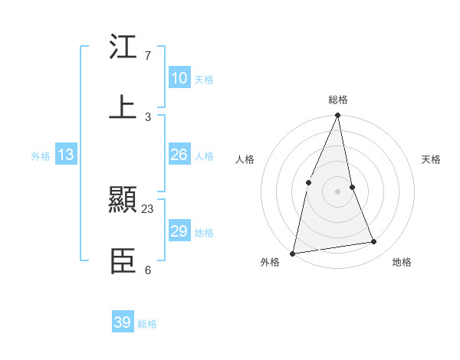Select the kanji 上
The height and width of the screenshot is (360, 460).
click(x=123, y=106)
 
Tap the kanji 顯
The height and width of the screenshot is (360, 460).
click(x=123, y=201)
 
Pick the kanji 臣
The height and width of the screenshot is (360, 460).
click(x=123, y=262)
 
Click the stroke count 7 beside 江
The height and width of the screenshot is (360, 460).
click(x=148, y=56)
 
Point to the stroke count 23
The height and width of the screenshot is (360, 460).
click(x=148, y=208)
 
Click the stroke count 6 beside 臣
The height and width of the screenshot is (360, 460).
click(x=148, y=270)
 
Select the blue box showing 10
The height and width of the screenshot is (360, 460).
click(x=179, y=78)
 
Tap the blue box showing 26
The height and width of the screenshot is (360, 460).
click(x=179, y=155)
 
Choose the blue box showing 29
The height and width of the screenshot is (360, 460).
click(x=179, y=231)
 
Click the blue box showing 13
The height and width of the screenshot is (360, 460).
click(x=66, y=155)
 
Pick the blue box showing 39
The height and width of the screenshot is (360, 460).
click(x=123, y=322)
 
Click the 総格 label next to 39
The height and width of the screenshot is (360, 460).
click(x=148, y=324)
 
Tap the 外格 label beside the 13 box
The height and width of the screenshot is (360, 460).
click(x=41, y=156)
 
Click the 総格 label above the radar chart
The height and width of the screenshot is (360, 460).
click(x=338, y=100)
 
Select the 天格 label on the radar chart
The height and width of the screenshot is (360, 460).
click(x=432, y=159)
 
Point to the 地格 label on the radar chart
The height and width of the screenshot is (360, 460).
click(x=402, y=262)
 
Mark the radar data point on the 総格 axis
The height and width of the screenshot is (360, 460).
click(x=338, y=116)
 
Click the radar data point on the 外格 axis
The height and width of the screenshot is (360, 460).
click(x=292, y=253)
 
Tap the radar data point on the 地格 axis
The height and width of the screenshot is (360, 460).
click(x=374, y=242)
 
